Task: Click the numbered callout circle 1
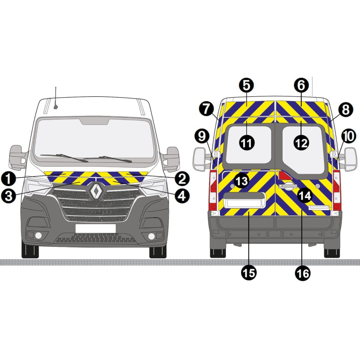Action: click(x=8, y=179)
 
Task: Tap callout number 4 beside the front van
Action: click(x=182, y=196)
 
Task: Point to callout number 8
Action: click(x=346, y=110)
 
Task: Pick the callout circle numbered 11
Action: click(x=247, y=143)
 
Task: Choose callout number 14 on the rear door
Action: click(x=305, y=195)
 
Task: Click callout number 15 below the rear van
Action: click(x=249, y=273)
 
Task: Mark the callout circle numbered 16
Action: click(x=303, y=273)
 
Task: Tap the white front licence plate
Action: click(x=95, y=228)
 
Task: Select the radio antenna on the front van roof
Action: click(x=55, y=98)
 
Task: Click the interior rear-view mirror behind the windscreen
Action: click(x=95, y=121)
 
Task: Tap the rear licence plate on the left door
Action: click(x=244, y=203)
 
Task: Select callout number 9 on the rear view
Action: click(x=202, y=136)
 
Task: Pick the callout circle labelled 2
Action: click(x=182, y=179)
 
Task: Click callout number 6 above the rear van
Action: click(x=301, y=85)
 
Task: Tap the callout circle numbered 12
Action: click(x=301, y=143)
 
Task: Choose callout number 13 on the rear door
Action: click(x=242, y=181)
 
